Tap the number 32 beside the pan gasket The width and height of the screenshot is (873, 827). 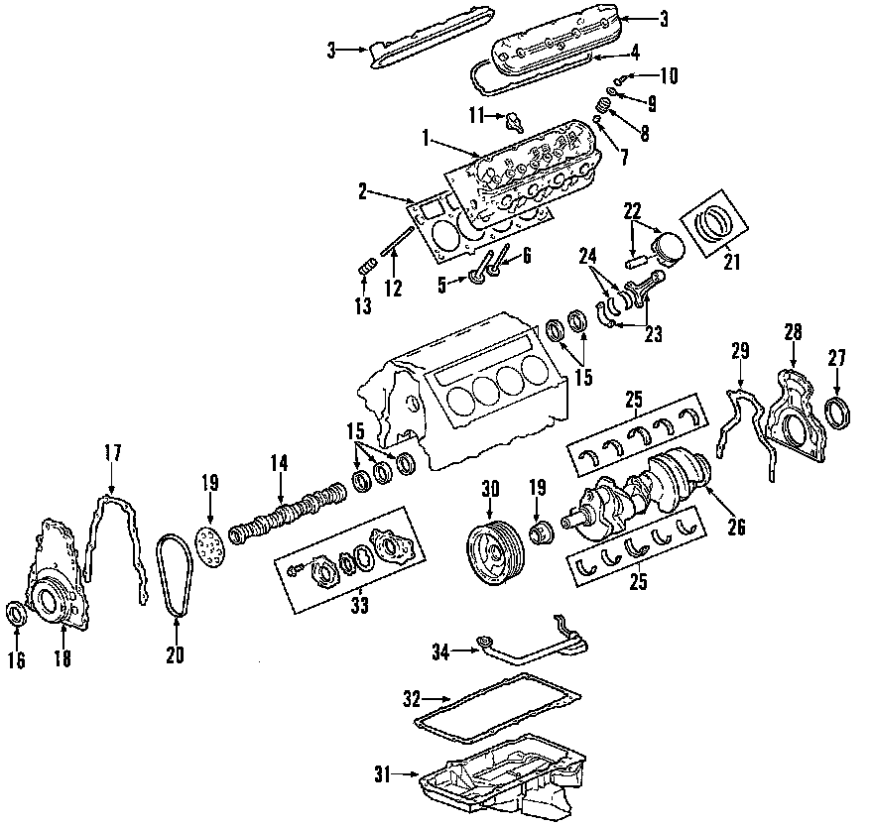click(x=413, y=697)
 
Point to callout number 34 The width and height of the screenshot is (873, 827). click(x=441, y=651)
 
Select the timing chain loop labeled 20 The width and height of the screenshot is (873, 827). click(x=174, y=575)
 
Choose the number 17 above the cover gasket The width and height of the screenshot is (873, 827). click(x=112, y=453)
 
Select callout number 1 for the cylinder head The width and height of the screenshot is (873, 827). click(x=426, y=140)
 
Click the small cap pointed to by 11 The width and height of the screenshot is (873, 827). click(x=513, y=122)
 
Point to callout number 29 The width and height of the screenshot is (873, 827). click(x=740, y=352)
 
